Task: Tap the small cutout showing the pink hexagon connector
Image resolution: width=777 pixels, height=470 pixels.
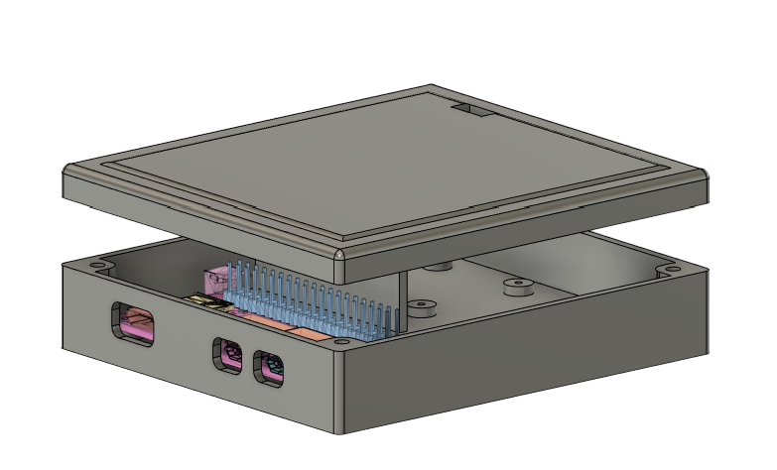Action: pyautogui.click(x=226, y=355)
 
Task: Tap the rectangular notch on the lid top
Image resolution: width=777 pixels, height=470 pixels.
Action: pyautogui.click(x=473, y=111)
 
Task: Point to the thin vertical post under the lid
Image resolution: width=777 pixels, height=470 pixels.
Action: pyautogui.click(x=403, y=297)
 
